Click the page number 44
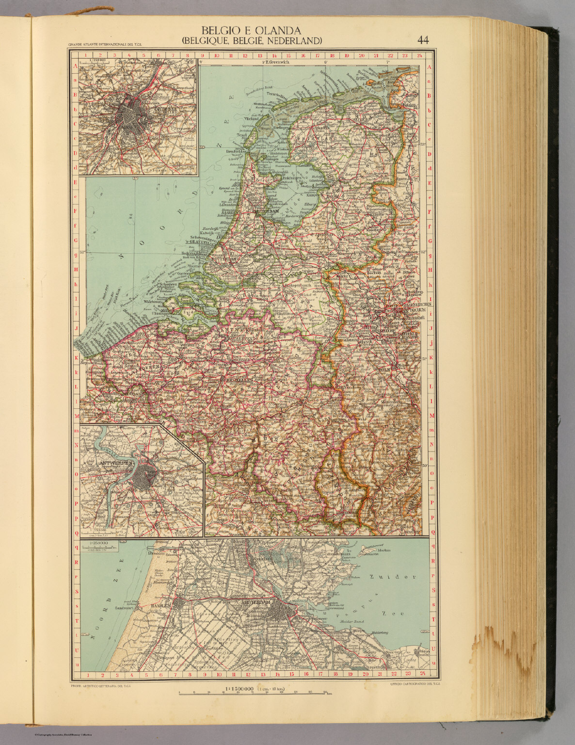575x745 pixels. click(x=422, y=40)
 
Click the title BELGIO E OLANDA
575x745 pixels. click(x=252, y=31)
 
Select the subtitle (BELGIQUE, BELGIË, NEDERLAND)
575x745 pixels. click(x=252, y=41)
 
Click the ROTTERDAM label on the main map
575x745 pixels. click(x=225, y=259)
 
